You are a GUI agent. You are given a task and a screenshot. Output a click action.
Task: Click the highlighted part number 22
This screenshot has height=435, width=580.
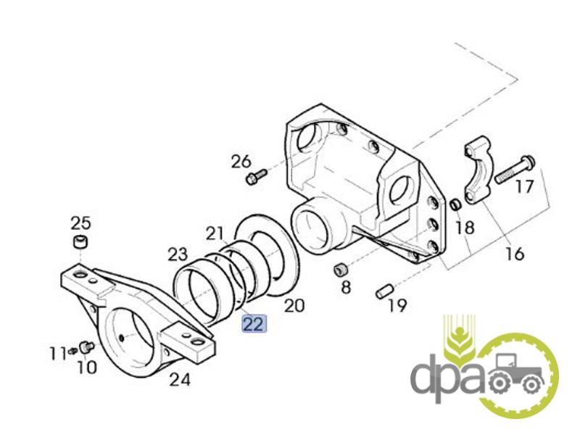[x=254, y=323]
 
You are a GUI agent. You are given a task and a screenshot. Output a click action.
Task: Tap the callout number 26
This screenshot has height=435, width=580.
[x=241, y=161]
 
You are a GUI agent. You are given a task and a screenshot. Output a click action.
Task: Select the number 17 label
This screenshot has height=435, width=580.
[x=524, y=186]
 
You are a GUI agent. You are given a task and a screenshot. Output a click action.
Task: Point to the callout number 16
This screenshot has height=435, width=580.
[x=514, y=254]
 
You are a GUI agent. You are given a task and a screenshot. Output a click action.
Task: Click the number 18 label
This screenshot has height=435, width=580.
[x=465, y=228]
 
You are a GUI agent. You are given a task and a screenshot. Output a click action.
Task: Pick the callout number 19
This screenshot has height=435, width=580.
[x=397, y=305]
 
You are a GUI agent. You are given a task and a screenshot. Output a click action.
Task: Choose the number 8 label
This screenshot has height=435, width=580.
[x=345, y=288]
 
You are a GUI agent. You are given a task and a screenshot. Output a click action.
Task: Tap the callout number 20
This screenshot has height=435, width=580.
[x=294, y=305]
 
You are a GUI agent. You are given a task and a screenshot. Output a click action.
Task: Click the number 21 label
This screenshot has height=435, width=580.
[x=215, y=233]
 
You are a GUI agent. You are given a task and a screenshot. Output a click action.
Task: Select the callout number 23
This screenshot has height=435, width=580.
[x=178, y=254]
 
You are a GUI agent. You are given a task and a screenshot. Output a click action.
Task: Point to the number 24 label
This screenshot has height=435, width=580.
[x=180, y=378]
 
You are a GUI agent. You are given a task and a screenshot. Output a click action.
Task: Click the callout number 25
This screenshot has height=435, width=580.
[x=80, y=222]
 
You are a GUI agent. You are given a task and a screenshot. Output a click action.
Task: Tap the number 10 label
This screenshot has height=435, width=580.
[x=86, y=368]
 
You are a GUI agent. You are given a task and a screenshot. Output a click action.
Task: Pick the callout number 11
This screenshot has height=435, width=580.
[x=58, y=354]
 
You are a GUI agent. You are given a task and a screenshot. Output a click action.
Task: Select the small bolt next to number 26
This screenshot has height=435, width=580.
[x=256, y=176]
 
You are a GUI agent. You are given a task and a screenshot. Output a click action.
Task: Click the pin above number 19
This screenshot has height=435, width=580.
[x=384, y=291]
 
